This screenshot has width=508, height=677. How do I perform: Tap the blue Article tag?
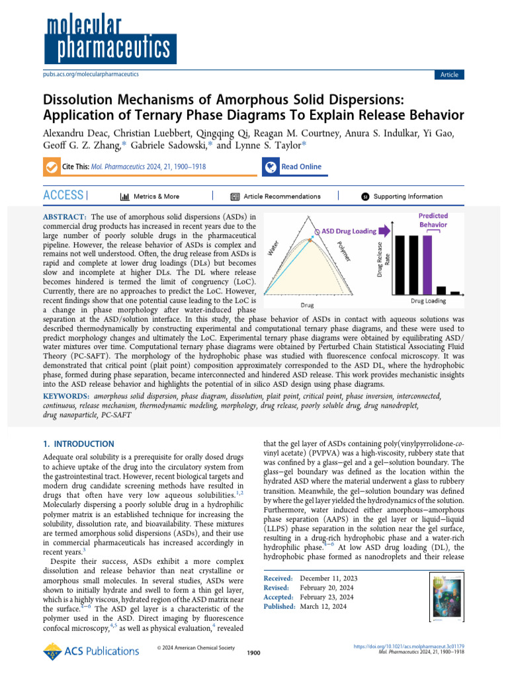pyautogui.click(x=449, y=75)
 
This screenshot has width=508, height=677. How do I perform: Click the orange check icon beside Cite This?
pyautogui.click(x=51, y=167)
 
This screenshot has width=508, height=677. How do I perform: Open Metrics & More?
pyautogui.click(x=150, y=196)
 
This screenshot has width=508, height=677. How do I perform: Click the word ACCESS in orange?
pyautogui.click(x=63, y=196)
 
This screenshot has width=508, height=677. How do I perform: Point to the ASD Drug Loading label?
pyautogui.click(x=349, y=231)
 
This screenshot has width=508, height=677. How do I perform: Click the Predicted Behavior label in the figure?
pyautogui.click(x=433, y=220)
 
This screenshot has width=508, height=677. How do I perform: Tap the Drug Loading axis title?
pyautogui.click(x=428, y=301)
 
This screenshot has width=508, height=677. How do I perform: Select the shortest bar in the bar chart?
pyautogui.click(x=455, y=293)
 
